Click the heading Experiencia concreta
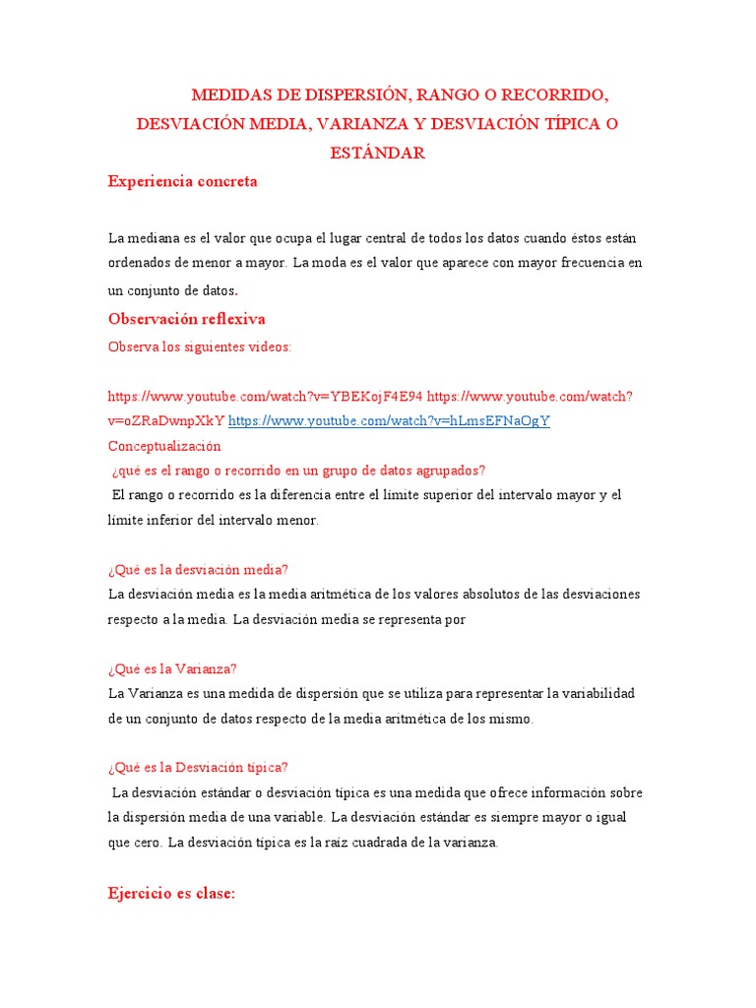(182, 181)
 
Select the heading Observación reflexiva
(186, 319)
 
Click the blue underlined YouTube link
(389, 420)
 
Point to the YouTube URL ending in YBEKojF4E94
(265, 396)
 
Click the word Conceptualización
(164, 445)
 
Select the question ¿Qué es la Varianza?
(172, 668)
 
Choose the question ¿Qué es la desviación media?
(197, 570)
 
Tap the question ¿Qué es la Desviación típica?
(198, 768)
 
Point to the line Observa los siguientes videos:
(199, 346)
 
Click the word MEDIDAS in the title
(234, 95)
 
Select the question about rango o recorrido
(299, 470)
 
